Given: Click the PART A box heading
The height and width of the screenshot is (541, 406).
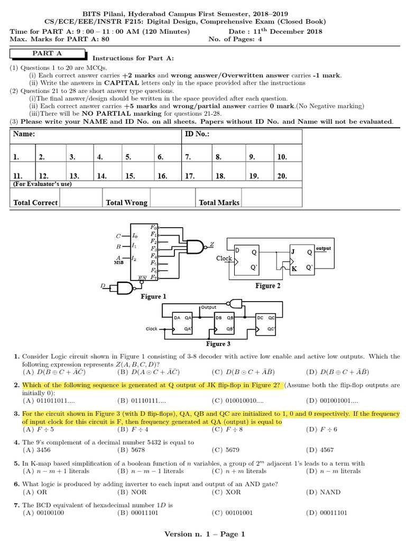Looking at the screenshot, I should click(x=47, y=54).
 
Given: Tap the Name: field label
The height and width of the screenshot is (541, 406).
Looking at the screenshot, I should click(x=24, y=135).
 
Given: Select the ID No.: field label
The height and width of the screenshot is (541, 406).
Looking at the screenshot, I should click(x=197, y=135).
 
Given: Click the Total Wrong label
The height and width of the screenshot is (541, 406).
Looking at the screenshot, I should click(x=126, y=202).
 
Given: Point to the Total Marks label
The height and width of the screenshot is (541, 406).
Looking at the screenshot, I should click(x=219, y=202).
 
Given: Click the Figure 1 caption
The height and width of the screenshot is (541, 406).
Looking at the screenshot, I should click(x=153, y=296).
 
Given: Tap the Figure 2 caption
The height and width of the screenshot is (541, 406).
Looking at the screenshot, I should click(x=265, y=286).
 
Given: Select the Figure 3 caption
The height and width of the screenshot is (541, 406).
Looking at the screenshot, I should click(x=218, y=344).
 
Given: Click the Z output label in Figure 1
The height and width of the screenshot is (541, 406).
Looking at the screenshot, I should click(x=212, y=244).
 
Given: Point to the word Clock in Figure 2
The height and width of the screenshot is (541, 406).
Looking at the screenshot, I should click(x=224, y=258).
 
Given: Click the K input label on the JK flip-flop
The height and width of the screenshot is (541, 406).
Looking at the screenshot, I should click(x=294, y=268).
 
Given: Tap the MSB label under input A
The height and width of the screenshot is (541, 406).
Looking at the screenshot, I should click(x=118, y=262).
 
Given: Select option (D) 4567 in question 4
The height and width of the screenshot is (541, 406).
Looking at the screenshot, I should click(x=320, y=450).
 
